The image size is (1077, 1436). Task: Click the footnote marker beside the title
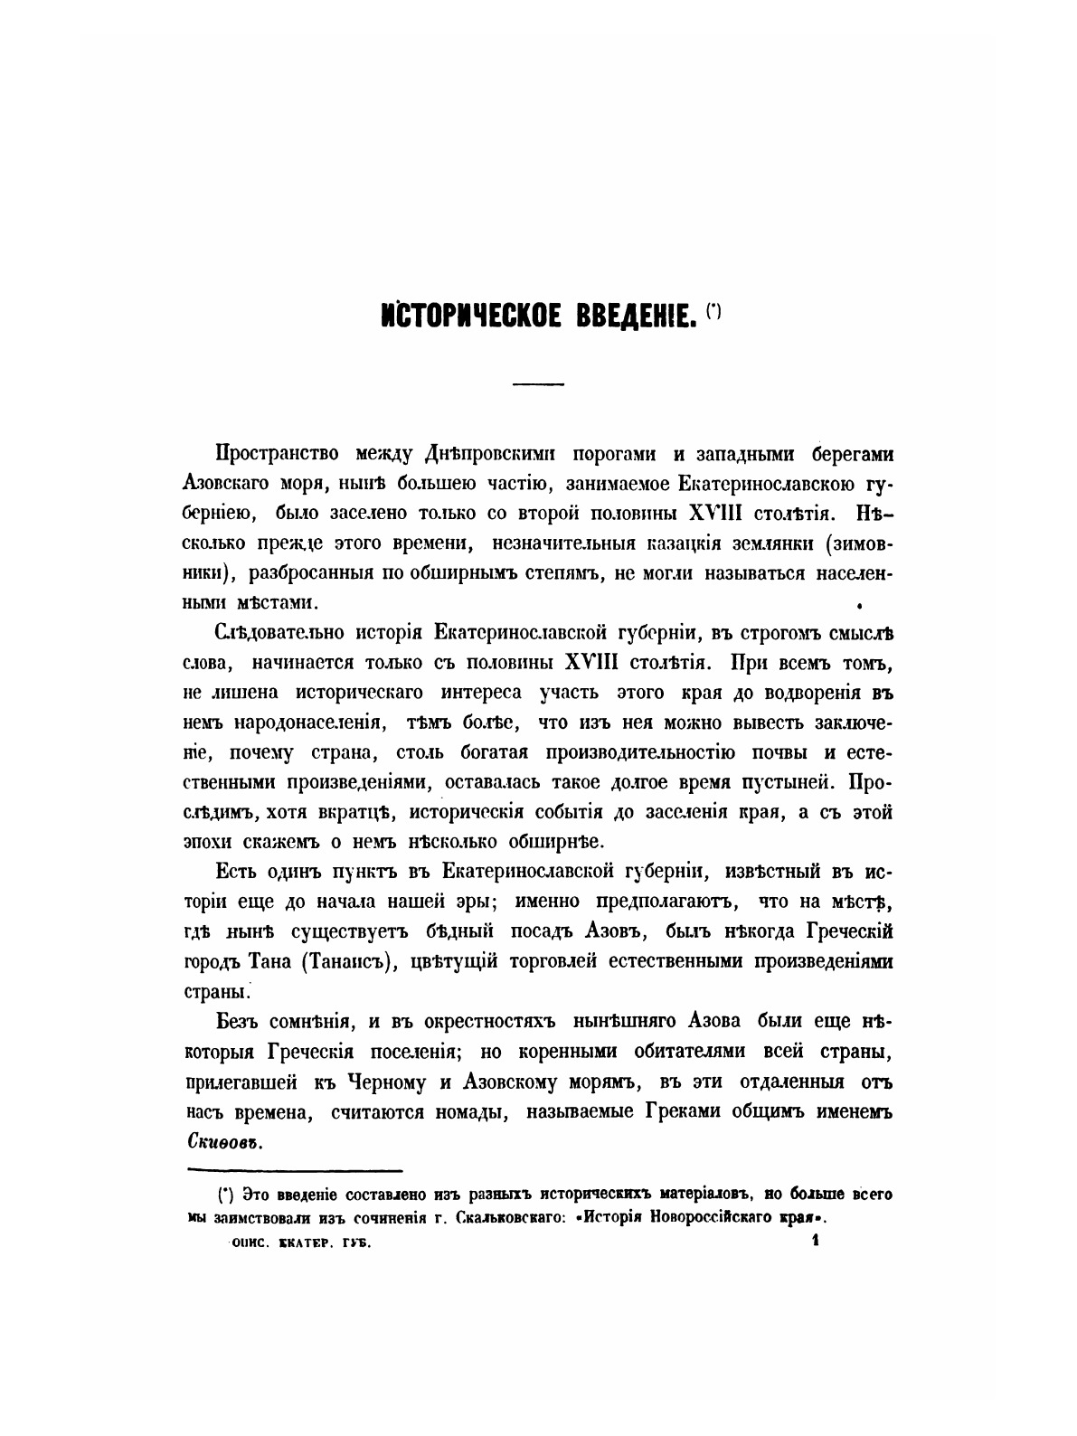coord(714,312)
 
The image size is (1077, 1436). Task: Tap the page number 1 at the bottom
coord(815,1242)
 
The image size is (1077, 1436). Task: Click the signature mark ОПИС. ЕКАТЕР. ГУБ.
coord(301,1243)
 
